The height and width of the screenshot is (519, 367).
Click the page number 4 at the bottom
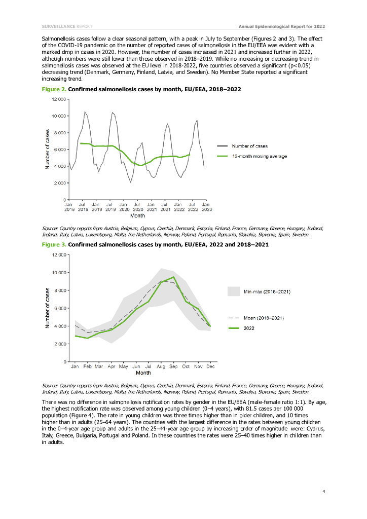coord(323,491)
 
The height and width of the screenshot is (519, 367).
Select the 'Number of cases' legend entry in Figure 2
coord(250,146)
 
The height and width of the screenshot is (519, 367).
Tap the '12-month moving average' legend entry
coord(259,156)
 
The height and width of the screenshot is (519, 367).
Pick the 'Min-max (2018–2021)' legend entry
coord(267,291)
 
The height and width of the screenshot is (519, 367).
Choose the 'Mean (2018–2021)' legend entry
coord(263,318)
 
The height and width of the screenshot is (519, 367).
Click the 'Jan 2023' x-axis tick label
coord(207,207)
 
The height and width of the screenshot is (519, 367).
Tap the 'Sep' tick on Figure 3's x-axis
coord(173,366)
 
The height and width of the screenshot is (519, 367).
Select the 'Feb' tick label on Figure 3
coord(87,366)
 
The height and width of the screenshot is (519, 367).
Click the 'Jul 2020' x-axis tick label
coord(138,207)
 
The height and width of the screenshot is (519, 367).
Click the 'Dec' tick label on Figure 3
coord(210,366)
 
